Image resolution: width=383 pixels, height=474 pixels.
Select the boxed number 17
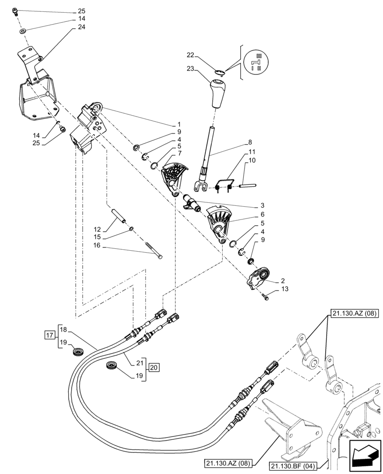[x=49, y=336]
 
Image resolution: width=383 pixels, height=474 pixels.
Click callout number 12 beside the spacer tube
[x=97, y=228]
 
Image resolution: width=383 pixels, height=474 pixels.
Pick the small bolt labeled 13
[x=265, y=298]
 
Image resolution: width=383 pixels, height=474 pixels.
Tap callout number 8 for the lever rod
[x=250, y=142]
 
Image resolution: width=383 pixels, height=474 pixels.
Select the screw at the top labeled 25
[x=16, y=11]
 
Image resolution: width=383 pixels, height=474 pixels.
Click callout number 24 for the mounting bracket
[x=82, y=27]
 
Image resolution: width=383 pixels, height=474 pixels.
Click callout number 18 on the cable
[x=64, y=329]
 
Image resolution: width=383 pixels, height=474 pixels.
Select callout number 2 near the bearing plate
[x=283, y=281]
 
